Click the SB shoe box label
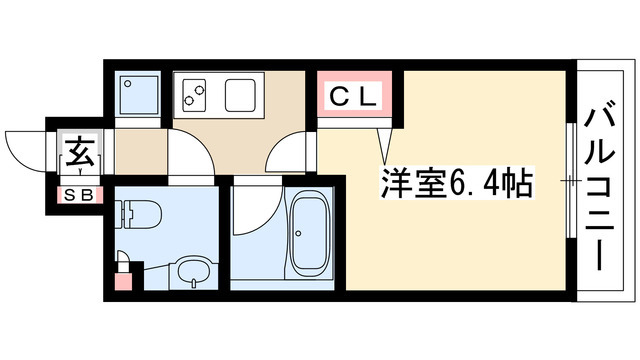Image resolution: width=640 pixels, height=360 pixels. pos(78,194)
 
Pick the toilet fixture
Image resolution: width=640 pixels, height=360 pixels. pos(141,213)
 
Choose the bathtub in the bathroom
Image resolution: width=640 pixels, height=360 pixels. pos(310,236)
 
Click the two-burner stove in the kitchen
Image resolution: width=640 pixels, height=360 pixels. pos(193,96)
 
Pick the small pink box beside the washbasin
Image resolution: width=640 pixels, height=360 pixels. pos(122,280)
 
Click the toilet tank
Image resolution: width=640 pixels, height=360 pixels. pos(121,213)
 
